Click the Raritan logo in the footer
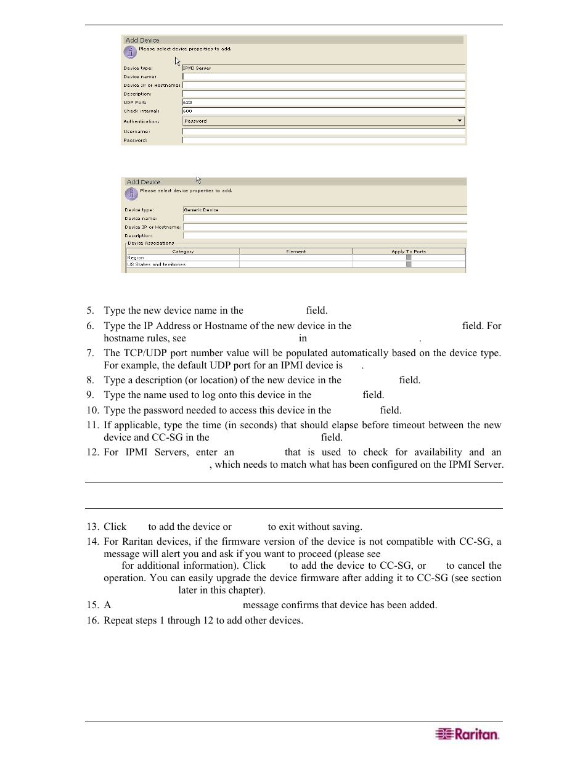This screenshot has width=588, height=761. pos(467,734)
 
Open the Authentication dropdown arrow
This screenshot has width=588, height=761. pos(459,121)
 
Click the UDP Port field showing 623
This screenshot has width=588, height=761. pos(323,102)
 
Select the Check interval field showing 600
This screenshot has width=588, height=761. pos(323,111)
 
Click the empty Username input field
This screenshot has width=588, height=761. pos(323,131)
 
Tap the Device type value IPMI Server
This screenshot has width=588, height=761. pos(197,68)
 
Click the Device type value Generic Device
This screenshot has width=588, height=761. pos(201,210)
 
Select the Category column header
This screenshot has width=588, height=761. pos(182,251)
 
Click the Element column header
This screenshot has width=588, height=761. pos(296,251)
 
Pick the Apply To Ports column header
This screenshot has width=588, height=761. pos(409,251)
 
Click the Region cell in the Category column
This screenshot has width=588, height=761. pos(136,258)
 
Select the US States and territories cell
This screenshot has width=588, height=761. pos(157,264)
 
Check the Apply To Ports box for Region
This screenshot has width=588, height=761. pos(409,258)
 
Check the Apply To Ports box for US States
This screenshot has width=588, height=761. pos(409,264)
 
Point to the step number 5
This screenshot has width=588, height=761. pos(90,311)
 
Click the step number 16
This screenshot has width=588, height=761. pos(92,621)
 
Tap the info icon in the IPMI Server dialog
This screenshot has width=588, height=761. pos(130,52)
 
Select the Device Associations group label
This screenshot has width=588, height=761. pos(151,243)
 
